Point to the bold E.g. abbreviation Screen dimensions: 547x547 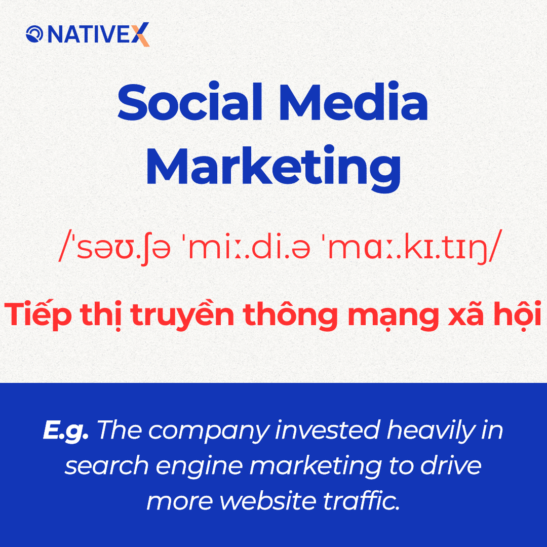point(66,431)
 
